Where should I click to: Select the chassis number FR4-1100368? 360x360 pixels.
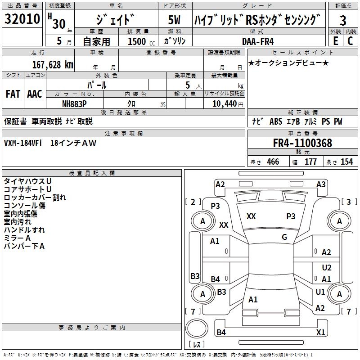[302, 143]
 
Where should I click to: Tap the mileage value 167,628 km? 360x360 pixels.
[52, 64]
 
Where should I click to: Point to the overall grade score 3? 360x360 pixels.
[343, 20]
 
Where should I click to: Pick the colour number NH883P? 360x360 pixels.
[74, 103]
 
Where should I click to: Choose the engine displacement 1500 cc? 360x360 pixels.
[139, 41]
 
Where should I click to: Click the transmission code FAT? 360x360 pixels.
[13, 94]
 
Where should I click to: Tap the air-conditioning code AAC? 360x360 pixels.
[34, 94]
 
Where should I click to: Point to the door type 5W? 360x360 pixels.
[174, 20]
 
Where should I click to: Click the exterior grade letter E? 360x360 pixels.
[335, 41]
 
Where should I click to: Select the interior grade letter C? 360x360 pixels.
[350, 41]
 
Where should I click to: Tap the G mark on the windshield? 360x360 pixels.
[284, 237]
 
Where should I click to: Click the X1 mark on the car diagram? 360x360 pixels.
[320, 332]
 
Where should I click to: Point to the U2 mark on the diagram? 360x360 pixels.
[327, 268]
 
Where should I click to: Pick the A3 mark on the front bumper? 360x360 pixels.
[321, 184]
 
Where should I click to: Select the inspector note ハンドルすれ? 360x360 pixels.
[24, 230]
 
